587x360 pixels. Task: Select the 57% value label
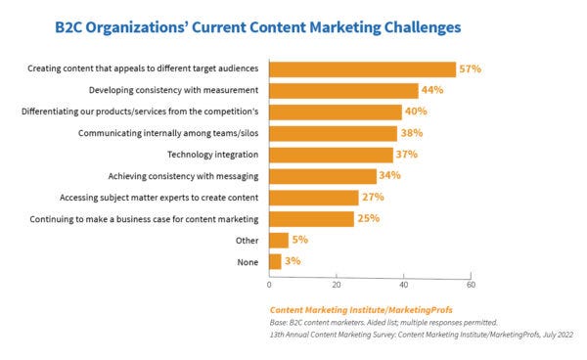coord(472,69)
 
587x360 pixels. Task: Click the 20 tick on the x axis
coord(337,286)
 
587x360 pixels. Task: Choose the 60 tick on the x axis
coord(471,286)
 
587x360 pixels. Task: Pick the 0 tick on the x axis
coord(269,286)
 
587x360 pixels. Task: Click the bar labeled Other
coord(278,240)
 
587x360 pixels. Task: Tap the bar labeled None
coord(275,261)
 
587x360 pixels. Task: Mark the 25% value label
coord(368,219)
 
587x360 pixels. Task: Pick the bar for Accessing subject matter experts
coord(314,198)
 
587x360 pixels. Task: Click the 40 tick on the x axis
coord(403,286)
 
